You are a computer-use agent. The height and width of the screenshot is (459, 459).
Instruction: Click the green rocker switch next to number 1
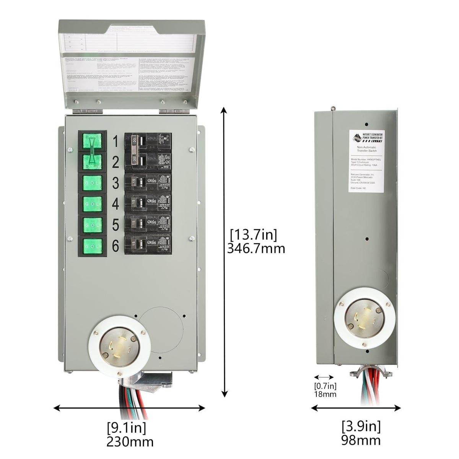point(93,141)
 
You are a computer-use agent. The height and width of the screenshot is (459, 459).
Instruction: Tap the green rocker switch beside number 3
point(93,183)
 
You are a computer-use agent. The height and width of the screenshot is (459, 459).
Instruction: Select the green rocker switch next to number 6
point(93,246)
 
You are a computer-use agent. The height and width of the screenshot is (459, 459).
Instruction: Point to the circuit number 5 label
point(115,225)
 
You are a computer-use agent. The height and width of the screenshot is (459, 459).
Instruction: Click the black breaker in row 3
point(148,183)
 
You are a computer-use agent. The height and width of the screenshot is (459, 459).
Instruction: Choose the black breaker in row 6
point(148,245)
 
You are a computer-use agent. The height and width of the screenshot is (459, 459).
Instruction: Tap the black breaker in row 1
point(148,142)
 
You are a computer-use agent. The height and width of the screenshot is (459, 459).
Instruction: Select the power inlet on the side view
point(365,318)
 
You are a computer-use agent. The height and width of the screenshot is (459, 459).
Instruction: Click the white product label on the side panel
point(366,161)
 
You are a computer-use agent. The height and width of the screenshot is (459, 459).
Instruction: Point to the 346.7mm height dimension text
point(256,249)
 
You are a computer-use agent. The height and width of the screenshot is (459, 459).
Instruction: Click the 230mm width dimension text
point(130,442)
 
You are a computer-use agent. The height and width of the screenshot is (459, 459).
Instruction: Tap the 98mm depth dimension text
point(361,440)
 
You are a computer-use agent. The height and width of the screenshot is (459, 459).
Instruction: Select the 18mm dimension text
point(325,394)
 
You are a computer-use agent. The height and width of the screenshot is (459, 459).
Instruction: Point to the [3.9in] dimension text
point(361,425)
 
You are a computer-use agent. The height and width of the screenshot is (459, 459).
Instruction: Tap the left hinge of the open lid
point(88,111)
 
